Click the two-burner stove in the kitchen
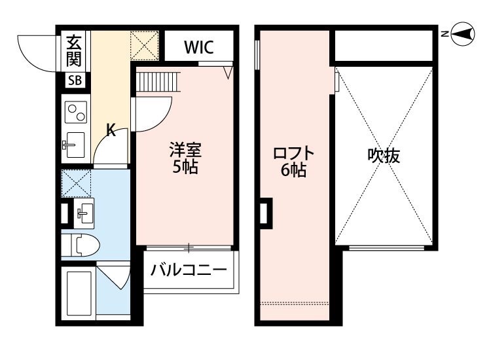75,113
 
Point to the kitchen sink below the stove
75,143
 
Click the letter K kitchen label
111,131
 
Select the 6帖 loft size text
293,171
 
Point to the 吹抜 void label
384,156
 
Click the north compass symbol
463,34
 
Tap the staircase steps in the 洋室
157,82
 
